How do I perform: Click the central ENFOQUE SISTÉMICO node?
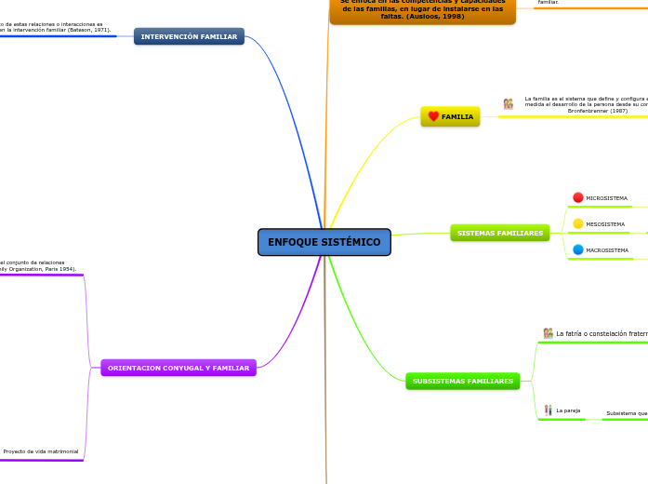324,242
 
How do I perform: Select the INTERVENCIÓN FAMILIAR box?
189,36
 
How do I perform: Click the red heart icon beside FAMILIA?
433,116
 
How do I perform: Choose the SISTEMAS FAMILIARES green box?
499,233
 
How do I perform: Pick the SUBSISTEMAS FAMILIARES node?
462,381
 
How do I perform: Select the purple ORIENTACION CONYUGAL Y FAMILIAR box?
179,368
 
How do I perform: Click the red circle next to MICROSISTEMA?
578,197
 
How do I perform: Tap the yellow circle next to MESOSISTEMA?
578,223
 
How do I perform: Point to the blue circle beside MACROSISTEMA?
578,249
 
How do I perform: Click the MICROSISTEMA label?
606,198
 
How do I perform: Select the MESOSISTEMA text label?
605,224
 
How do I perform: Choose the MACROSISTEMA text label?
607,250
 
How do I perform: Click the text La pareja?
568,410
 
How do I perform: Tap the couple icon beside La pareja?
549,410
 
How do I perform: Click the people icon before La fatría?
549,333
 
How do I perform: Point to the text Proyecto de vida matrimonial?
41,451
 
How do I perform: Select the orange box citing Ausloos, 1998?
422,11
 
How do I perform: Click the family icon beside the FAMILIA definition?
509,104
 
